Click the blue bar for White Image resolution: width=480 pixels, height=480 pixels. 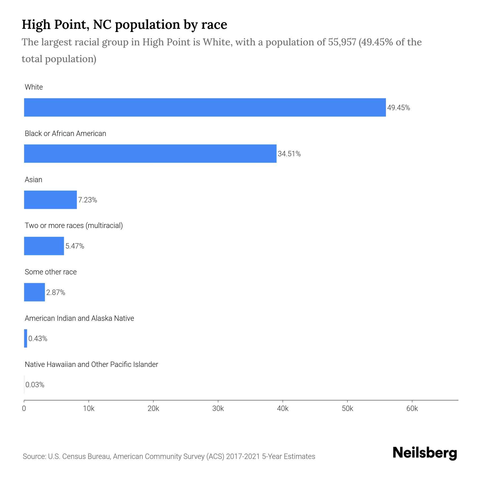click(x=205, y=107)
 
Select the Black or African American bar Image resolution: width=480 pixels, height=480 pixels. click(x=150, y=154)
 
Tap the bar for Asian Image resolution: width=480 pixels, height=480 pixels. click(x=50, y=200)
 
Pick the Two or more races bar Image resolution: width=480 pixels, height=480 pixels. click(x=44, y=246)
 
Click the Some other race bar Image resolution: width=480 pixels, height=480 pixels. click(x=34, y=292)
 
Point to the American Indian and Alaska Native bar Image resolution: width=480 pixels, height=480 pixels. click(x=26, y=338)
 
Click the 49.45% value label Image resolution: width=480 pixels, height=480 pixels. click(x=398, y=108)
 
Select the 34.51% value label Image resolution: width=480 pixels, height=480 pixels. click(x=289, y=154)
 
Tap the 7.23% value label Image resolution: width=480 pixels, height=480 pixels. click(x=87, y=200)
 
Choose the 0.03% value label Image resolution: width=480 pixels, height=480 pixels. click(x=35, y=385)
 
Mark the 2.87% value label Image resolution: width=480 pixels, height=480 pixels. click(x=55, y=293)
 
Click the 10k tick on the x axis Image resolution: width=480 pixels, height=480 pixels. click(x=89, y=409)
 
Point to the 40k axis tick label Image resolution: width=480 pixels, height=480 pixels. click(x=283, y=409)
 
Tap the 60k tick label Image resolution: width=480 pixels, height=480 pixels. click(x=412, y=409)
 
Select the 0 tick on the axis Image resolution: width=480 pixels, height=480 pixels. click(x=24, y=409)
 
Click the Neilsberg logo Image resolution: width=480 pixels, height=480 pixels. click(x=425, y=453)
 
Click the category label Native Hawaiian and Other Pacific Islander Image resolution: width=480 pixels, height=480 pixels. click(x=91, y=365)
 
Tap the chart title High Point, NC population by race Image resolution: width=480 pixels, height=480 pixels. click(x=124, y=25)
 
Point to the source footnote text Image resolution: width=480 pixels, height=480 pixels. click(x=169, y=457)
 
